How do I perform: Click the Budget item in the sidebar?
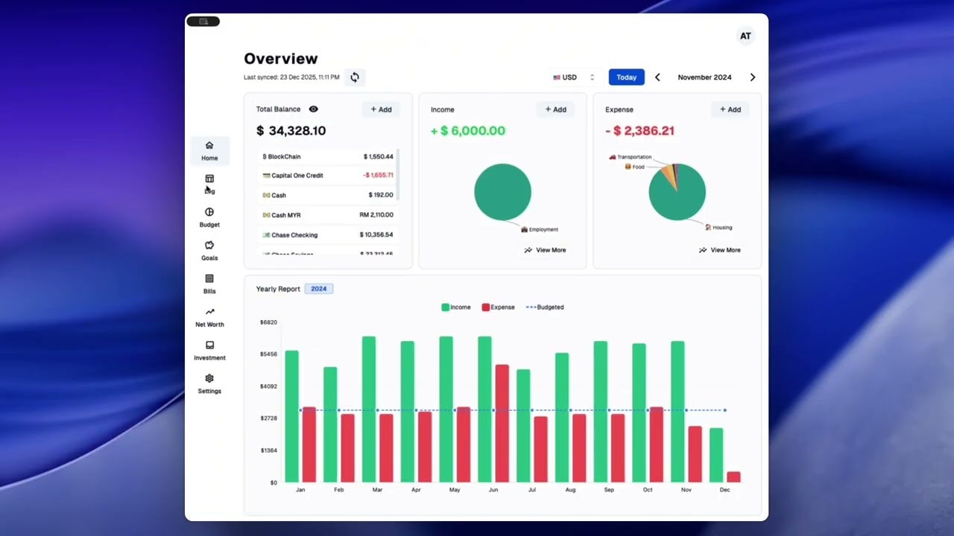(x=209, y=217)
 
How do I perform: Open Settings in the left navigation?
(x=209, y=383)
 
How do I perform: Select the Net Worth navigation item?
(x=209, y=317)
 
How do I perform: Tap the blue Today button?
(x=626, y=77)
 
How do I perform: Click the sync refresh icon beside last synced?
(x=355, y=77)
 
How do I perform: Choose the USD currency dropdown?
(x=573, y=77)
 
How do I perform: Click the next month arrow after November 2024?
(x=752, y=77)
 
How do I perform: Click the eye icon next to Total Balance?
(x=313, y=109)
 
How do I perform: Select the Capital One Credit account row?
(x=328, y=176)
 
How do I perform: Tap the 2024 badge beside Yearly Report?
(x=318, y=289)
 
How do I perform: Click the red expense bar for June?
(x=502, y=423)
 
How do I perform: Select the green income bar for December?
(x=715, y=455)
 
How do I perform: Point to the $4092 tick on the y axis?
(x=268, y=386)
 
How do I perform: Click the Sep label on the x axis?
(x=609, y=490)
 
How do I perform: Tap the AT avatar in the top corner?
(x=745, y=36)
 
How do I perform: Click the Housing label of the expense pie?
(x=721, y=228)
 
